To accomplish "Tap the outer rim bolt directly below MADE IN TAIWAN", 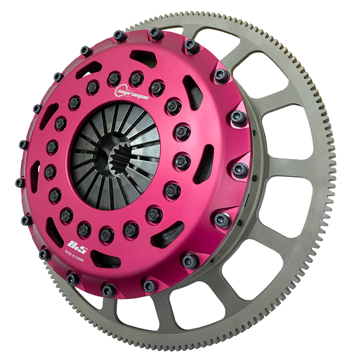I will click(x=72, y=279).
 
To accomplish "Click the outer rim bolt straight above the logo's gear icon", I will click(x=119, y=35).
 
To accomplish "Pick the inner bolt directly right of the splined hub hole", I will click(x=180, y=161).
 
